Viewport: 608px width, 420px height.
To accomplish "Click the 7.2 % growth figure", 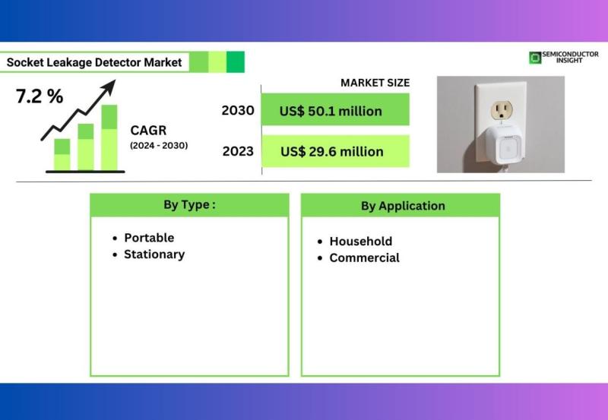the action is [40, 96].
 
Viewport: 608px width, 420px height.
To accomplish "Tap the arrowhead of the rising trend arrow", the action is [109, 87].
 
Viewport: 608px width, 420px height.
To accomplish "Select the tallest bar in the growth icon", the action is [109, 137].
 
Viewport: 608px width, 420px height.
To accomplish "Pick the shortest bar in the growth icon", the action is [62, 155].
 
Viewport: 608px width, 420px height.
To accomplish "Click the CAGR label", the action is [148, 130].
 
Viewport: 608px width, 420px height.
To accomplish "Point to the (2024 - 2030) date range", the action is [159, 145].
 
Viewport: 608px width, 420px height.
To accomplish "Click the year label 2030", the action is [238, 110].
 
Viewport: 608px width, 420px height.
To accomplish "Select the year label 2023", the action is [238, 151].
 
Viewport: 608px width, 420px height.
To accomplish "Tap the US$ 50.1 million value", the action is [331, 111].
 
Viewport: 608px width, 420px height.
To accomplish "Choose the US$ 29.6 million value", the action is [332, 151].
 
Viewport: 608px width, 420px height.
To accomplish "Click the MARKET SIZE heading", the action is [375, 83].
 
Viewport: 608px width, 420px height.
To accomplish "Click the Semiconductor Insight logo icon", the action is [535, 58].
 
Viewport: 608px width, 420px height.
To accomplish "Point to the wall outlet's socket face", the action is [502, 111].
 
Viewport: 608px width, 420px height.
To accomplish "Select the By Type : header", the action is [189, 204].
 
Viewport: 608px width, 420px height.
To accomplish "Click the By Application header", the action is [403, 206].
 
